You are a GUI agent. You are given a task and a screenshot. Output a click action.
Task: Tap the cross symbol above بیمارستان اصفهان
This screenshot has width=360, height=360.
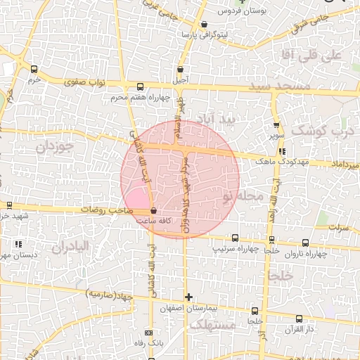click(188, 297)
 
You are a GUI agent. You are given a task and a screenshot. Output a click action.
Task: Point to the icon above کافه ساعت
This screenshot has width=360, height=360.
click(154, 211)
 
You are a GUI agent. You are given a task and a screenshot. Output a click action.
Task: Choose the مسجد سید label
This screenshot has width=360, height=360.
click(279, 86)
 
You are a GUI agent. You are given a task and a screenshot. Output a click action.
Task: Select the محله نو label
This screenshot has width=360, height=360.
click(243, 195)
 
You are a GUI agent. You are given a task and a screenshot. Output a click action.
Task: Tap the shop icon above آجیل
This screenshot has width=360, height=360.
click(181, 70)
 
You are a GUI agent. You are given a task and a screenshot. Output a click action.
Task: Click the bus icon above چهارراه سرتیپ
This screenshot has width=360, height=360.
click(235, 238)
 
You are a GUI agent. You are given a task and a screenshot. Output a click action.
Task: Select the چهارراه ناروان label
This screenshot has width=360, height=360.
click(307, 254)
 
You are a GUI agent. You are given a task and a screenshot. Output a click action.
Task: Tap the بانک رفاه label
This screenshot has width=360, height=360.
click(148, 343)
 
